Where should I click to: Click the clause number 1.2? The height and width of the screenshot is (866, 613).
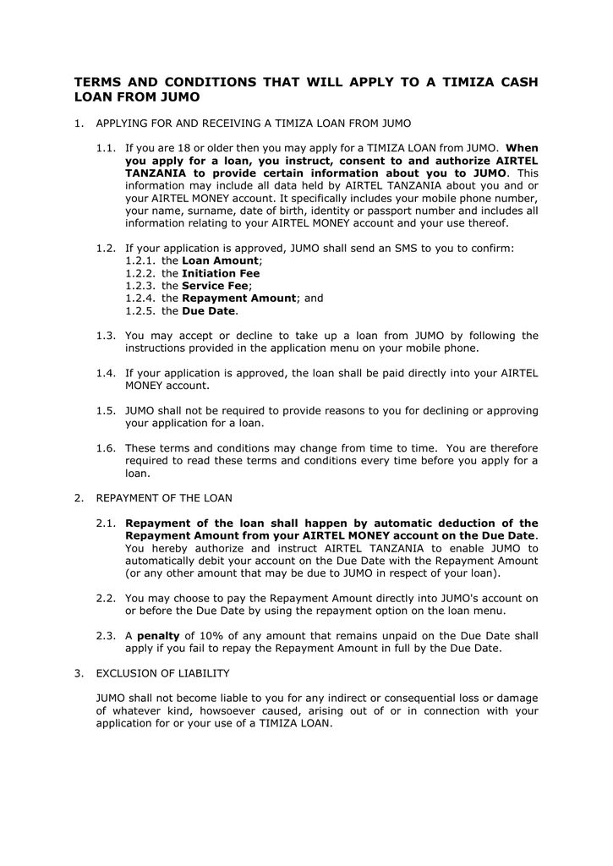[106, 248]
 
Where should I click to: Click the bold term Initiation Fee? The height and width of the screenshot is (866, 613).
[221, 273]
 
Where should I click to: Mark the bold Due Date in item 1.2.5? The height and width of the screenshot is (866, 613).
[209, 311]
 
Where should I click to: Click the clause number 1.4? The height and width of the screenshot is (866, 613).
[106, 373]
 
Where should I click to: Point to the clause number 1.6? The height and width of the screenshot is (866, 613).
[106, 447]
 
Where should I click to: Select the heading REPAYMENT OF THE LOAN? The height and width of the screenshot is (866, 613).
[164, 497]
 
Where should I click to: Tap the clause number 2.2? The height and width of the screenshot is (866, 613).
[106, 598]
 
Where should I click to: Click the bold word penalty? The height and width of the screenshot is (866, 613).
[158, 635]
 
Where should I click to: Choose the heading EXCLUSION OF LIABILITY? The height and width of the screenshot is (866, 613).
[162, 673]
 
